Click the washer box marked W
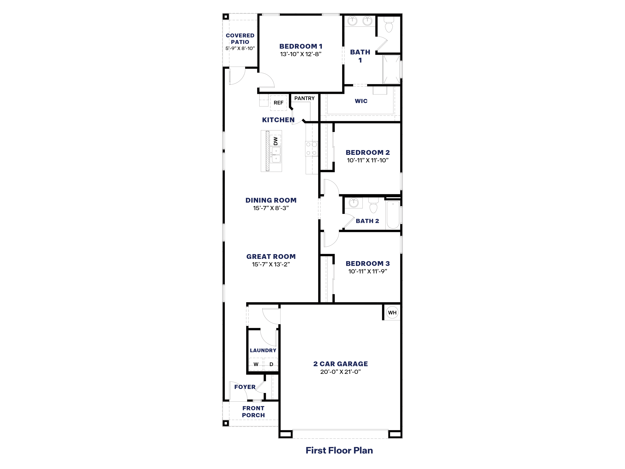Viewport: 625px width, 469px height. pos(256,364)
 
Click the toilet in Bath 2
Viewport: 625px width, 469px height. pos(373,206)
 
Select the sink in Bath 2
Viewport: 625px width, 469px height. pos(353,203)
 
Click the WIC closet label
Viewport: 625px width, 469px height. pos(361,101)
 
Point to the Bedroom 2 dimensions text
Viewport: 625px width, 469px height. pos(368,160)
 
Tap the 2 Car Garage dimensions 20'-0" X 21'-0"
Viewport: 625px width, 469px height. pos(340,372)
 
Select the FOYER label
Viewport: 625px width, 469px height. pos(245,387)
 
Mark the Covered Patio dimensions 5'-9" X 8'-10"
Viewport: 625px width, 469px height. pos(240,48)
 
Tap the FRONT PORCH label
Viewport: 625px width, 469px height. pos(253,412)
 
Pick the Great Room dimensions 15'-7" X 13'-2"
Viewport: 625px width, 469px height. pos(271,264)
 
